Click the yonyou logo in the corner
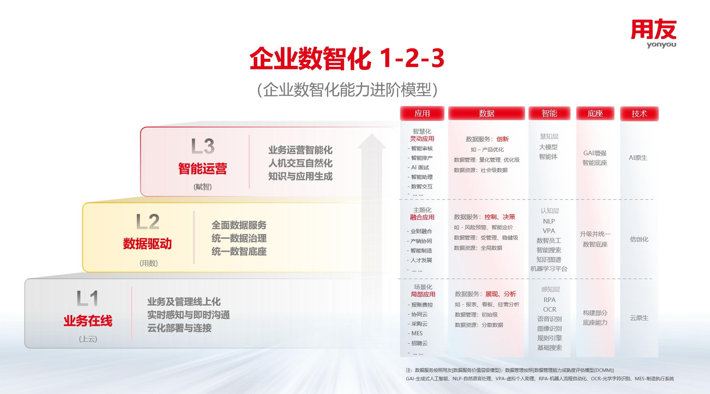[x=653, y=34]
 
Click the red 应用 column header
[x=422, y=113]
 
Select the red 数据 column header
[x=486, y=113]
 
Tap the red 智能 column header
[x=550, y=113]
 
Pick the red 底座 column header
[x=595, y=113]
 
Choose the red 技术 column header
[x=639, y=114]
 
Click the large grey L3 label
[x=203, y=146]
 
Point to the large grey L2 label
[x=148, y=222]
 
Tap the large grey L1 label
[x=88, y=298]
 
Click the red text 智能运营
[x=203, y=168]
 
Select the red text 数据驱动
[x=148, y=244]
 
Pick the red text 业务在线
[x=88, y=321]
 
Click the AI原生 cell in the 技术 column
[x=638, y=158]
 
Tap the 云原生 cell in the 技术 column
[x=639, y=318]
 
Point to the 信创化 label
[x=639, y=239]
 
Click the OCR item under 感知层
[x=550, y=309]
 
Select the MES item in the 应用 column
[x=417, y=333]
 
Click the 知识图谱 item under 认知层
[x=549, y=259]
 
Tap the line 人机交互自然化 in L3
[x=300, y=163]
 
